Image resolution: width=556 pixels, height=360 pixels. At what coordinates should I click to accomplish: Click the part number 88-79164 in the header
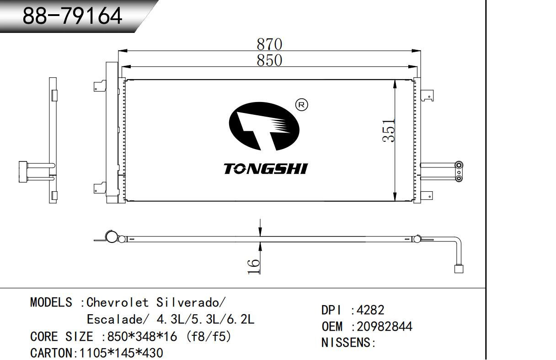pyautogui.click(x=72, y=16)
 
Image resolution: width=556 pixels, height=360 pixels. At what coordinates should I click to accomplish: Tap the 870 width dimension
pyautogui.click(x=269, y=44)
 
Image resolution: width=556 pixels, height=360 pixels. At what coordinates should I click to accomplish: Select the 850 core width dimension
pyautogui.click(x=269, y=60)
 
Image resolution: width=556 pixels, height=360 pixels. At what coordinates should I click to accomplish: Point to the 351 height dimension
pyautogui.click(x=389, y=131)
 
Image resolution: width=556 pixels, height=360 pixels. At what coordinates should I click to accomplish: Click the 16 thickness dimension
pyautogui.click(x=254, y=266)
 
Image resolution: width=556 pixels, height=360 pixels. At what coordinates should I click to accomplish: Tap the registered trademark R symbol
pyautogui.click(x=301, y=105)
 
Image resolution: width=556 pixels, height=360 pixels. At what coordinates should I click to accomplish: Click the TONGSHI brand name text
pyautogui.click(x=266, y=169)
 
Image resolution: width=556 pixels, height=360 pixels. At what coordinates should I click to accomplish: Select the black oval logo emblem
pyautogui.click(x=264, y=126)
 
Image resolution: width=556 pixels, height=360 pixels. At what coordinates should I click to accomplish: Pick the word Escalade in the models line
pyautogui.click(x=115, y=320)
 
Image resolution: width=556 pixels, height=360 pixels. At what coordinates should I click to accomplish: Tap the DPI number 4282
pyautogui.click(x=370, y=310)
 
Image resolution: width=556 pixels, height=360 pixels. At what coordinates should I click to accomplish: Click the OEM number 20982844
pyautogui.click(x=385, y=327)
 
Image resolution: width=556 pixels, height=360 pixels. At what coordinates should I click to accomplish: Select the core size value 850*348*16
pyautogui.click(x=142, y=337)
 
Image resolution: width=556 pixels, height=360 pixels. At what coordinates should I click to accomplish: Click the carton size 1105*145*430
pyautogui.click(x=121, y=353)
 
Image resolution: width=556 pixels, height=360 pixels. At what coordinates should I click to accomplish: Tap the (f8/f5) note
pyautogui.click(x=208, y=337)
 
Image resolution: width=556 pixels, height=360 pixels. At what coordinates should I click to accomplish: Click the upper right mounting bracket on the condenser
pyautogui.click(x=427, y=96)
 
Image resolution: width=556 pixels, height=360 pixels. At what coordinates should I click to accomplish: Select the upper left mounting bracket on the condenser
pyautogui.click(x=100, y=86)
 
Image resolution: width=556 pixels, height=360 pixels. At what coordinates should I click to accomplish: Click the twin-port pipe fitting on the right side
pyautogui.click(x=459, y=172)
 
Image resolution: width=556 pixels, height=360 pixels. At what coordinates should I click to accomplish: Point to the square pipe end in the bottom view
pyautogui.click(x=459, y=269)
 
